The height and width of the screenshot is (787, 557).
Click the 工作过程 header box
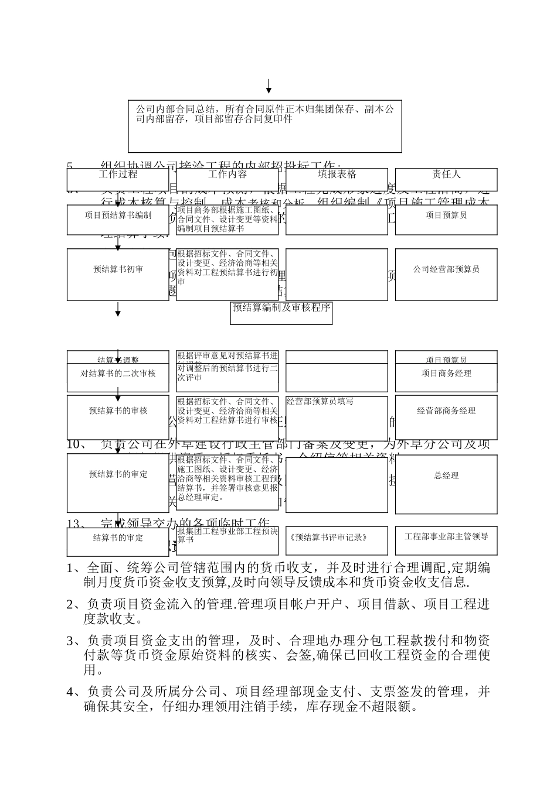click(x=118, y=174)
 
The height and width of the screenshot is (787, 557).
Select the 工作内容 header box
click(x=227, y=174)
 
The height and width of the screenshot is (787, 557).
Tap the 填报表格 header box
click(x=337, y=174)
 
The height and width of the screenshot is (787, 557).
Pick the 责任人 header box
click(x=446, y=174)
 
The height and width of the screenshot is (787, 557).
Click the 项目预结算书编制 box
click(x=118, y=215)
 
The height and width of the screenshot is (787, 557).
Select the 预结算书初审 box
click(x=118, y=269)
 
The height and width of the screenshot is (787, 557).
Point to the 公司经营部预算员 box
click(x=446, y=269)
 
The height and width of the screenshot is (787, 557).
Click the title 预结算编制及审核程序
click(x=281, y=307)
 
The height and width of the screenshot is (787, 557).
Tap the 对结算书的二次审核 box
click(x=118, y=374)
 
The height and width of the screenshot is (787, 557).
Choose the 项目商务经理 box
click(x=446, y=374)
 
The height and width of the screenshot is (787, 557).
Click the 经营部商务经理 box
click(x=446, y=411)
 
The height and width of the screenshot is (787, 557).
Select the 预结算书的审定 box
click(x=118, y=474)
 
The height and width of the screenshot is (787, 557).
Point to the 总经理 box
click(x=446, y=476)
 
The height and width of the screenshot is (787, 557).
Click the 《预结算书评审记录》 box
click(x=337, y=538)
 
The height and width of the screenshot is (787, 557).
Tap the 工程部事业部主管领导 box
click(x=446, y=536)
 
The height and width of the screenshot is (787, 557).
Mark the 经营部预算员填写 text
click(x=320, y=402)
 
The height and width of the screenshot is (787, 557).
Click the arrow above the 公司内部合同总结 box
click(x=269, y=86)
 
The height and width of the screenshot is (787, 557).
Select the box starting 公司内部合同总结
click(x=265, y=126)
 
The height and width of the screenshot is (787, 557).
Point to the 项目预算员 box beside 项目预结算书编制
click(x=446, y=215)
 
